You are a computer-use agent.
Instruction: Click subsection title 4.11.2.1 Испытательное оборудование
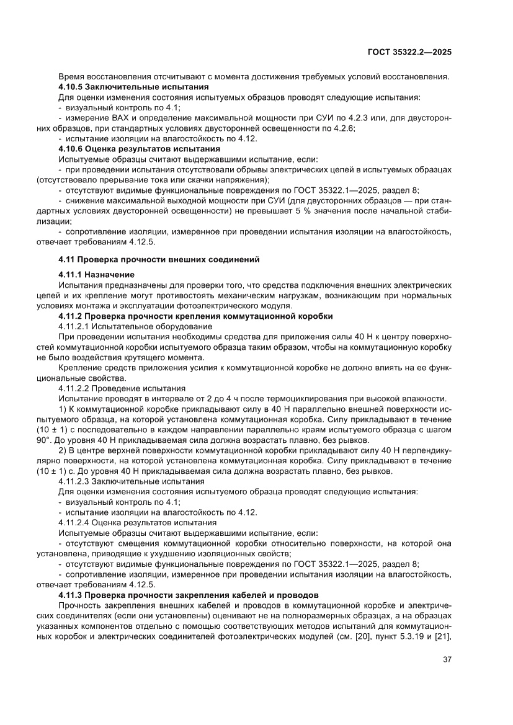tap(135, 326)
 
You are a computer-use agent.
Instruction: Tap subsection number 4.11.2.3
tap(74, 481)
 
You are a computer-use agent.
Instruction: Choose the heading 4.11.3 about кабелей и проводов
tap(188, 595)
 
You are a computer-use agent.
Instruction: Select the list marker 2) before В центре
tap(62, 450)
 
